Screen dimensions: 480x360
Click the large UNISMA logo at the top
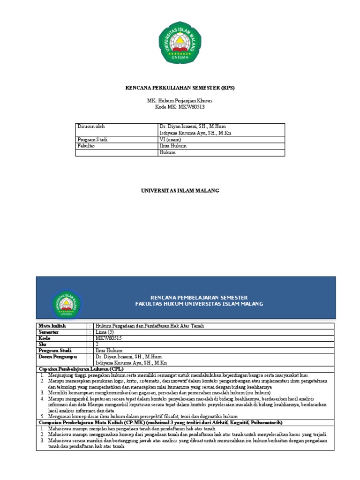pos(180,44)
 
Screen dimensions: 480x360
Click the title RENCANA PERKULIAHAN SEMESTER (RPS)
pos(180,88)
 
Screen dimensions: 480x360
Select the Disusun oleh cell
pos(91,127)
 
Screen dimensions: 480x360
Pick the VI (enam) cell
pos(170,139)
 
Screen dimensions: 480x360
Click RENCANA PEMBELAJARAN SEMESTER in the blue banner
pos(199,298)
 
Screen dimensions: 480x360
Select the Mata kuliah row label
pos(52,325)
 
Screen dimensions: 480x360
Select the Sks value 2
pos(97,344)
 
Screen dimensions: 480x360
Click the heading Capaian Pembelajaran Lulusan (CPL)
pos(80,369)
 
